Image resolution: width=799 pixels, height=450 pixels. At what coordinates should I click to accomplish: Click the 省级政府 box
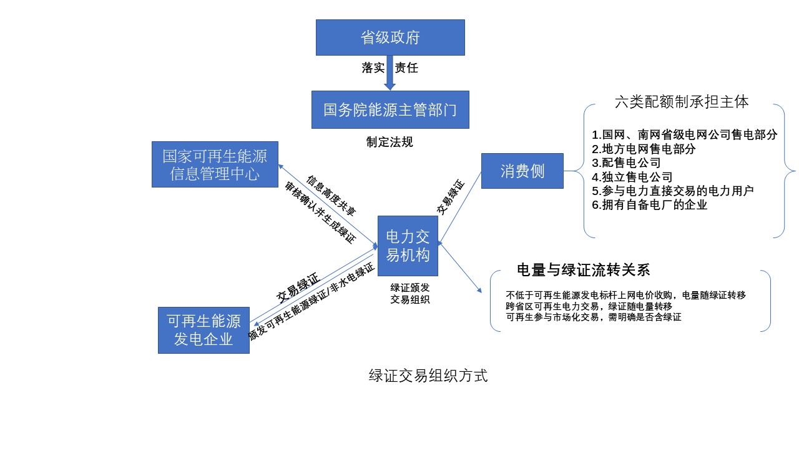click(390, 37)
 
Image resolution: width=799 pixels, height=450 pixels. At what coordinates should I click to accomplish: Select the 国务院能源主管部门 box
click(390, 110)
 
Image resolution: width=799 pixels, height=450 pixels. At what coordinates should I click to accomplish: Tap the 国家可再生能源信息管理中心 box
click(215, 164)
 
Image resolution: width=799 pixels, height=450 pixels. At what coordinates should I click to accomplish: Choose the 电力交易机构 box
click(408, 246)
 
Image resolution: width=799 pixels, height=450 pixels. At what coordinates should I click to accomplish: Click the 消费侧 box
click(522, 171)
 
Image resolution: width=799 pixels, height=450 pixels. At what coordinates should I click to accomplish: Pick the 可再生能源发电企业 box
click(203, 330)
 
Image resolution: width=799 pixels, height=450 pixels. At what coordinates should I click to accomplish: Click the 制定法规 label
click(390, 142)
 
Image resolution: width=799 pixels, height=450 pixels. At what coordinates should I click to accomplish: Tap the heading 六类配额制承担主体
click(682, 102)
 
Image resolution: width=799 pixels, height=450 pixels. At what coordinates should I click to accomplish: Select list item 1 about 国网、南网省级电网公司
click(685, 135)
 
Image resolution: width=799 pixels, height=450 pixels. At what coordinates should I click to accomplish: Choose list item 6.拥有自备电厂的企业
click(650, 204)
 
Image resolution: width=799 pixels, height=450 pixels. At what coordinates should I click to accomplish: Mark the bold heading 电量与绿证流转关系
click(584, 270)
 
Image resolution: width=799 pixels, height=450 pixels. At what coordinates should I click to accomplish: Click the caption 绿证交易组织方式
click(428, 376)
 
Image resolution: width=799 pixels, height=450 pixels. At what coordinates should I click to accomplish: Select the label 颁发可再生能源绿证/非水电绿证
click(311, 302)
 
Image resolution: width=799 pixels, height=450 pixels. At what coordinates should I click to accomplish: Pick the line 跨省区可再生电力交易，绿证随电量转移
click(589, 306)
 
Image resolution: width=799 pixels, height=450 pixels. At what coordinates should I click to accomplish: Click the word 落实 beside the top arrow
click(373, 67)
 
